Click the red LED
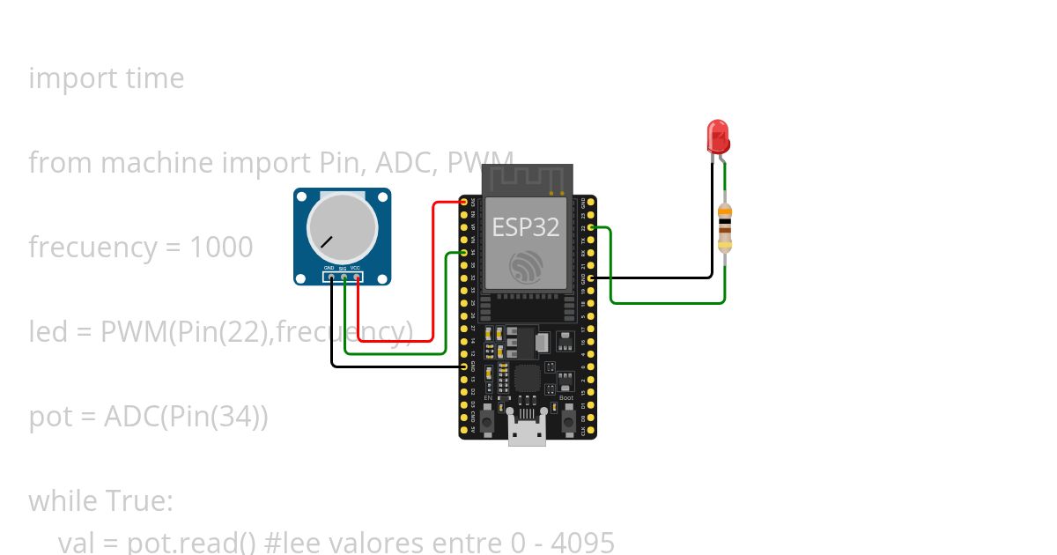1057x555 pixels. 718,137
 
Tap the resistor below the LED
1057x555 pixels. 724,227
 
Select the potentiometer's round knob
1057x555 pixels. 343,226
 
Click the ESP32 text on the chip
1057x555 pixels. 525,226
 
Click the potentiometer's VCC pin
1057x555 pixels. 358,277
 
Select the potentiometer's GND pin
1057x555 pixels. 331,277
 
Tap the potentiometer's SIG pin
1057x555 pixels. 344,277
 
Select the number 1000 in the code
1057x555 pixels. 221,248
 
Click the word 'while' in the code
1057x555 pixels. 63,500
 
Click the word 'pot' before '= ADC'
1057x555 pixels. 48,417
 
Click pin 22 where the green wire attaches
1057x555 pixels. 590,227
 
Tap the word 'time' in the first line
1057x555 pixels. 155,78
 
